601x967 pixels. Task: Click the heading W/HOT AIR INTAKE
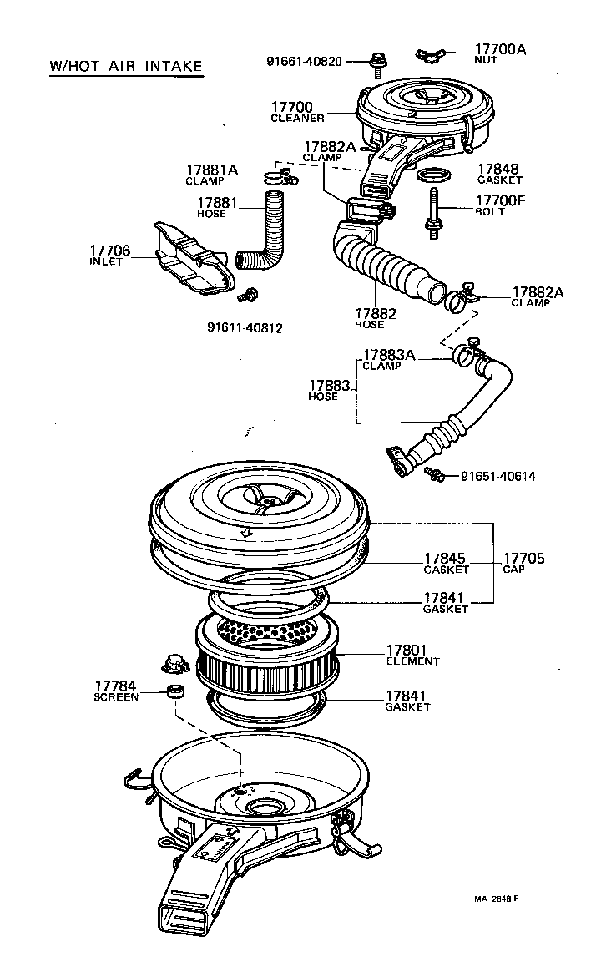pos(125,66)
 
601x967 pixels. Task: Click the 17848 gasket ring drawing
pos(435,175)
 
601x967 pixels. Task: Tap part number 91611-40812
pos(245,328)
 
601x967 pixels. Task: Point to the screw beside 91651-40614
pos(434,474)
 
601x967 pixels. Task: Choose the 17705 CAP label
pos(523,563)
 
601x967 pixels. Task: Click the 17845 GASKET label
pos(445,563)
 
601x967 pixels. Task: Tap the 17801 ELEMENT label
pos(412,655)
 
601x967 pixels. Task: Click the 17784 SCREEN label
pos(116,691)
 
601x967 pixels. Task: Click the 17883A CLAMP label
pos(388,359)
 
